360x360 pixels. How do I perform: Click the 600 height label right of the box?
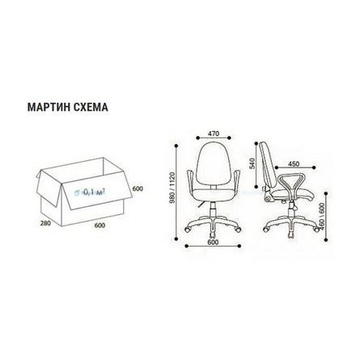[x=137, y=188]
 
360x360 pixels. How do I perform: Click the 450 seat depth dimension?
[x=294, y=164]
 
